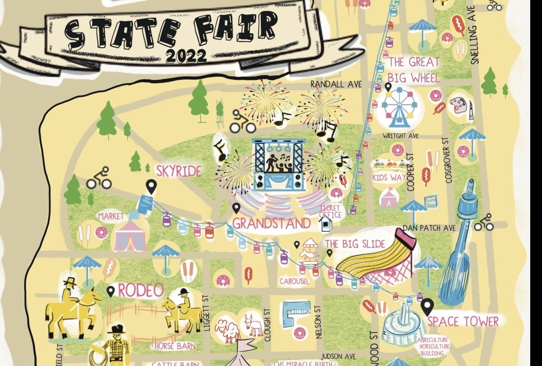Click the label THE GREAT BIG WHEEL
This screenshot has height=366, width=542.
[413, 70]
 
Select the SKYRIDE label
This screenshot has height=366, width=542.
[178, 171]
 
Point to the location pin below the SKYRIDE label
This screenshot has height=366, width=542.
[151, 186]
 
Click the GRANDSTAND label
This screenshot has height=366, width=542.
[271, 223]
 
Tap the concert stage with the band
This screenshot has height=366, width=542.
[279, 164]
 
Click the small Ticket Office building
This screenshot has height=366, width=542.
[325, 224]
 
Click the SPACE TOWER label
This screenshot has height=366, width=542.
[463, 322]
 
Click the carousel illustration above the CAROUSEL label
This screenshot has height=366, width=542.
[309, 250]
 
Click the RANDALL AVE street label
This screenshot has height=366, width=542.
[336, 84]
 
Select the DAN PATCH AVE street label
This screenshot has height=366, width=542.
[429, 228]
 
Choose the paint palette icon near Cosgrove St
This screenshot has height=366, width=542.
[458, 105]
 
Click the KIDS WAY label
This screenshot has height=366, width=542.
[388, 178]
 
